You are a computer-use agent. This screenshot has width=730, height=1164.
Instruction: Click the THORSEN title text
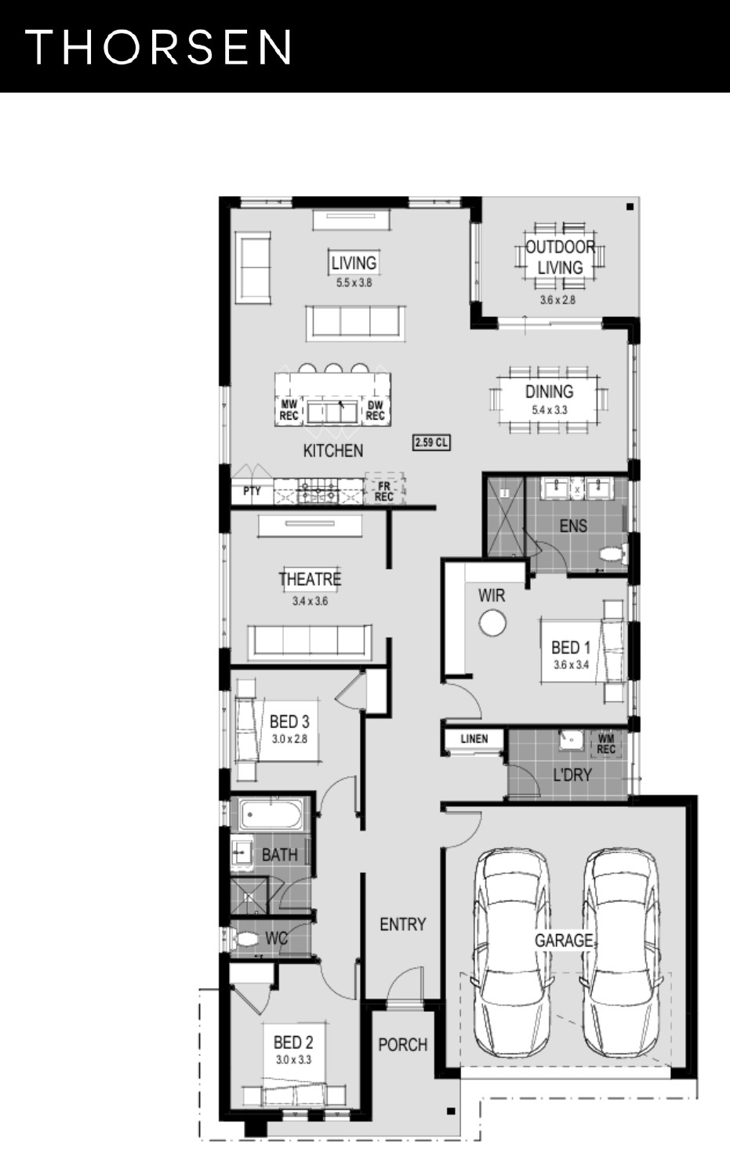(158, 47)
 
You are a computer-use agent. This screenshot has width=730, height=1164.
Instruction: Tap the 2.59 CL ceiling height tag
(431, 442)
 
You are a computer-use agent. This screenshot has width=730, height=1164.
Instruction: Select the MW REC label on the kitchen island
(289, 410)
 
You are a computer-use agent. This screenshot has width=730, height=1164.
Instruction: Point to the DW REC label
(375, 410)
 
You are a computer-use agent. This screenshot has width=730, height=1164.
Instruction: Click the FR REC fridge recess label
(384, 492)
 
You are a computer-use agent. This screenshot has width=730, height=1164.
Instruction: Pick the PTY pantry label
(252, 490)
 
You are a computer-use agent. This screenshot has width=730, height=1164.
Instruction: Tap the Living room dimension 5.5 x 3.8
(354, 283)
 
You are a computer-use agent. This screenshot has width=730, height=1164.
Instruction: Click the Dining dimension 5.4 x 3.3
(549, 410)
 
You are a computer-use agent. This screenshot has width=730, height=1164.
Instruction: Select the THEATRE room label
(311, 579)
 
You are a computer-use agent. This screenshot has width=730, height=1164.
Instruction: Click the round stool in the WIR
(492, 623)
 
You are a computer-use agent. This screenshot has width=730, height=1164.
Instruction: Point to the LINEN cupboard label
(474, 739)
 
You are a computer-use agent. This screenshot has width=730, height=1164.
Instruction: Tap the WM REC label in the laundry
(606, 744)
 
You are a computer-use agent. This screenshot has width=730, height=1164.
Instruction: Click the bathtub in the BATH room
(271, 814)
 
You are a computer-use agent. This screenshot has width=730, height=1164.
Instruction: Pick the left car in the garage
(512, 954)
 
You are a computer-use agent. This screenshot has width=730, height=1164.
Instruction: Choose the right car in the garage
(621, 954)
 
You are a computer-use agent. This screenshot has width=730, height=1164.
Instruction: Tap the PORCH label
(403, 1045)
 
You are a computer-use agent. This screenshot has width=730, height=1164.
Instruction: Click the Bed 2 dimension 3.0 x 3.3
(293, 1060)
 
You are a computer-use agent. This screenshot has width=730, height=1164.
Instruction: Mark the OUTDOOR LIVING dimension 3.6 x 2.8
(557, 300)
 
